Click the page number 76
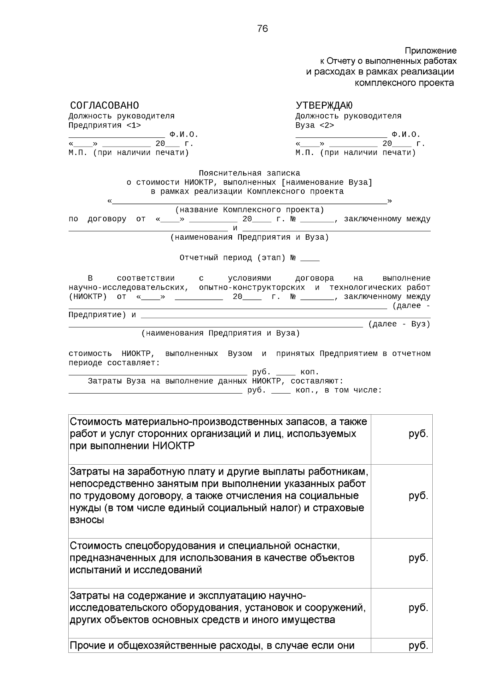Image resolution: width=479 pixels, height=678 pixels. click(263, 29)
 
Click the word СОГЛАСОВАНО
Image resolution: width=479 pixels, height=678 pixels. click(105, 105)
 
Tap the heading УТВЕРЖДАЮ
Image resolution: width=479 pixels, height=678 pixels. click(324, 105)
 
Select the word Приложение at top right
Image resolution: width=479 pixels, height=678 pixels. click(430, 51)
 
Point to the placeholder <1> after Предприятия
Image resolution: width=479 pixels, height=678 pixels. click(133, 125)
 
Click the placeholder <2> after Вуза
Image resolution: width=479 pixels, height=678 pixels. click(327, 125)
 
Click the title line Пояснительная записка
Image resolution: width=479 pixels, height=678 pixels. click(249, 173)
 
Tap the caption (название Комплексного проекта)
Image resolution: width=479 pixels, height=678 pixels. click(250, 210)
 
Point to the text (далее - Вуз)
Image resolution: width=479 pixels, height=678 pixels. click(399, 324)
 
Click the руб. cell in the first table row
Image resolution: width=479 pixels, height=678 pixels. click(418, 434)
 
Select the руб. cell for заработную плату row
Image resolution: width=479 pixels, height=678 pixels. click(418, 496)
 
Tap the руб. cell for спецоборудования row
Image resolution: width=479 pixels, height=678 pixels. click(418, 558)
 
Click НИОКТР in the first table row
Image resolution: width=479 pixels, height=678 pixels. click(174, 446)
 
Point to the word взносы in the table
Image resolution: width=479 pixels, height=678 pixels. click(87, 521)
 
